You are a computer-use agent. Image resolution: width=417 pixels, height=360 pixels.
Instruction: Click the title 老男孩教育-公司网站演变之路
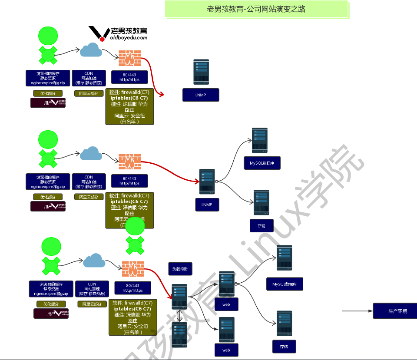tap(256, 9)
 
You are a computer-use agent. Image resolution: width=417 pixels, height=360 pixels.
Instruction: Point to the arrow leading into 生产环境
tap(357, 311)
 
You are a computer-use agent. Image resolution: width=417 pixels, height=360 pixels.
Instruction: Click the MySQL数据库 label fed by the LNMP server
tap(262, 163)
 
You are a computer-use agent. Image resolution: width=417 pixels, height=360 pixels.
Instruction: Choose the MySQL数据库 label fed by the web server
tap(285, 284)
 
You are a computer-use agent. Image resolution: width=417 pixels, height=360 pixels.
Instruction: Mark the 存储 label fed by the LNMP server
tap(261, 226)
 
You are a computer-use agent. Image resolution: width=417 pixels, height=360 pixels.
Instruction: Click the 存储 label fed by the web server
tap(284, 347)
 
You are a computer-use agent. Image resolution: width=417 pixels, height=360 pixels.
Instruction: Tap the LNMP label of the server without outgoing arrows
tap(201, 95)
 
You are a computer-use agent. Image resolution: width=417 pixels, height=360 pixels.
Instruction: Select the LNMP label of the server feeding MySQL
tap(207, 205)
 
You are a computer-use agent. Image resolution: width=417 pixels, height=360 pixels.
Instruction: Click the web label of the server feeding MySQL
tap(226, 304)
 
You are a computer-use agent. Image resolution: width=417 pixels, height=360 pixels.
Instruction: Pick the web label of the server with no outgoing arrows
tap(226, 350)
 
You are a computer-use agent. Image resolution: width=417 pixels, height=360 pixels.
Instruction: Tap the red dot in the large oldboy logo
tap(102, 39)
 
